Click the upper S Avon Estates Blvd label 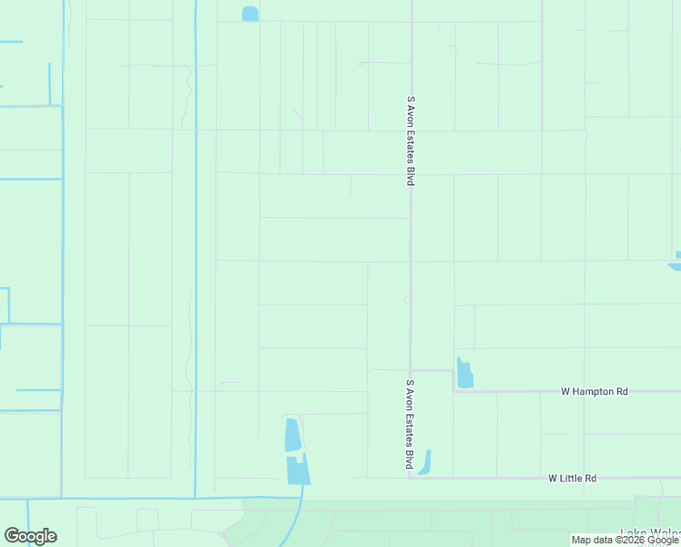point(411,141)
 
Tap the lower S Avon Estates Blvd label point(411,425)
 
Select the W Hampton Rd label point(594,391)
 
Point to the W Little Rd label point(573,478)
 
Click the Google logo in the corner point(30,536)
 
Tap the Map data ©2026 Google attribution point(624,540)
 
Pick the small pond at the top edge point(249,14)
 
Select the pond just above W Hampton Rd point(464,373)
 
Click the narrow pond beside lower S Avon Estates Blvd point(424,462)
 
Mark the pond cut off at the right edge point(676,262)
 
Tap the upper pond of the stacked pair point(292,435)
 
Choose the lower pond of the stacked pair point(298,470)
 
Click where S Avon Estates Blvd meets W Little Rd point(411,477)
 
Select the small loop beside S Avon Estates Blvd point(406,299)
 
